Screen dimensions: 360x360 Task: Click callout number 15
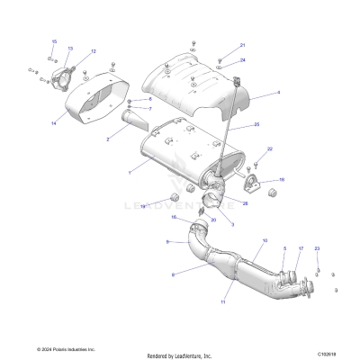(x=54, y=42)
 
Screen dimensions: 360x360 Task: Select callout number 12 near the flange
(x=93, y=52)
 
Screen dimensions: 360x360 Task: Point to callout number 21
(x=241, y=45)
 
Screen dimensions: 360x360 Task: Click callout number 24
(x=243, y=59)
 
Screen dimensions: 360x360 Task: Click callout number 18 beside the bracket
(x=282, y=181)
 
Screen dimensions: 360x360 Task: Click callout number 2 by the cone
(x=108, y=139)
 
